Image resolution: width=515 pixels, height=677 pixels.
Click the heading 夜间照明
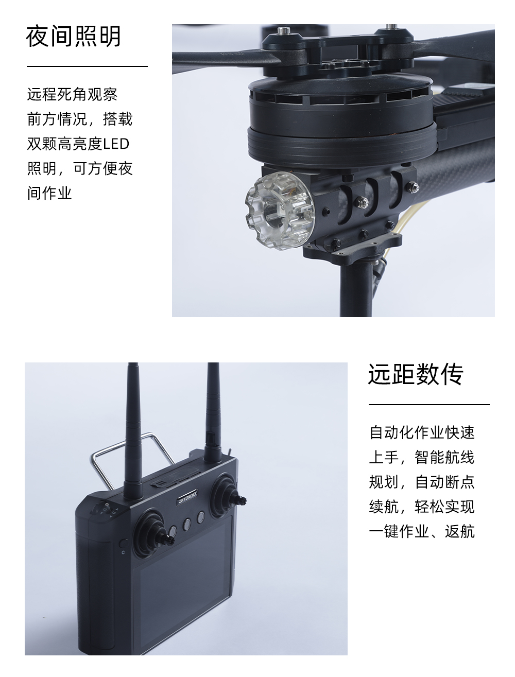74,37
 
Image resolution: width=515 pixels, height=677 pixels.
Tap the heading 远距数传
416,374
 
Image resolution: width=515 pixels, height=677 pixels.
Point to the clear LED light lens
280,211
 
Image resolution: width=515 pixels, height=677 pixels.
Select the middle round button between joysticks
187,524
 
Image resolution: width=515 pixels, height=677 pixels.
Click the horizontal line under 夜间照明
87,66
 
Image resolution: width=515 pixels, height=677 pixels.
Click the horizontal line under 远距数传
430,404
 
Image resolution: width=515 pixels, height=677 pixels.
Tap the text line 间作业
49,193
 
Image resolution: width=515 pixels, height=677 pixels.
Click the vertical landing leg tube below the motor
357,288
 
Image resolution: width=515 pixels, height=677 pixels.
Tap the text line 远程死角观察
73,94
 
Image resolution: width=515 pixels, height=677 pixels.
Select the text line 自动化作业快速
422,432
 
